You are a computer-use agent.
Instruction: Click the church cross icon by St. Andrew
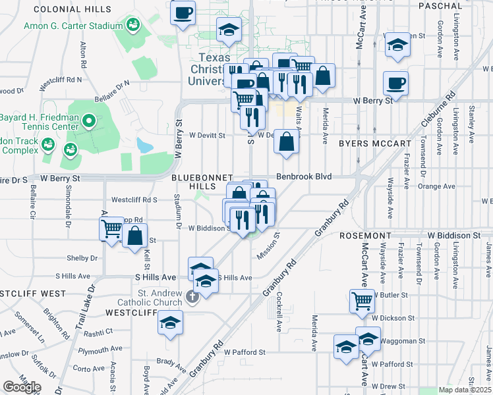click(x=192, y=298)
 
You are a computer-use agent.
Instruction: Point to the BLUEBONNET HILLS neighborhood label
click(x=202, y=182)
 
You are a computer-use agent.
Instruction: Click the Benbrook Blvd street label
click(x=303, y=177)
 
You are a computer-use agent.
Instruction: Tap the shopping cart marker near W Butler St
click(x=362, y=302)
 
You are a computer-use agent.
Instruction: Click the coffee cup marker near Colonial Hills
click(x=183, y=13)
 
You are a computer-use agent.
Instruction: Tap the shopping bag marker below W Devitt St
click(x=287, y=141)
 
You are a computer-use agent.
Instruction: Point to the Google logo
click(x=22, y=386)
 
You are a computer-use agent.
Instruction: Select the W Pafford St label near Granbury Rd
click(x=244, y=352)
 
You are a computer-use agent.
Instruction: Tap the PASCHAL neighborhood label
click(x=441, y=6)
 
